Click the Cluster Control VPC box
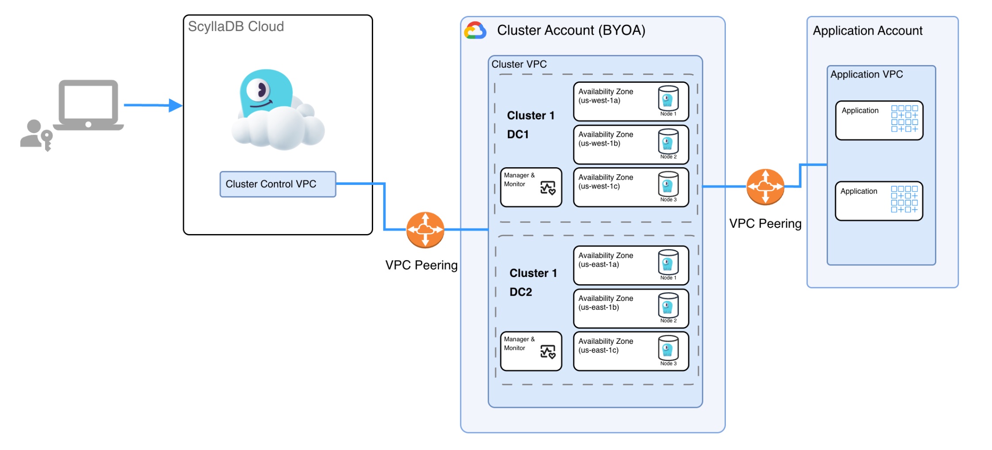click(x=278, y=184)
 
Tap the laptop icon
click(x=88, y=105)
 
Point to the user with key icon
click(x=36, y=135)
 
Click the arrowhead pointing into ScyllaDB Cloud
click(x=176, y=105)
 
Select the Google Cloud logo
click(x=475, y=31)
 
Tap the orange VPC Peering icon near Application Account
click(x=765, y=187)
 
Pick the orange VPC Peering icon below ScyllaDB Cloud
click(x=425, y=230)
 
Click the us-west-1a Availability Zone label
click(x=606, y=96)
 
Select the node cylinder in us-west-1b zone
click(x=668, y=142)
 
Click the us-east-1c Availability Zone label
click(x=606, y=346)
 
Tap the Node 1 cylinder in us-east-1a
click(x=668, y=263)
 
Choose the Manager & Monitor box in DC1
click(x=531, y=187)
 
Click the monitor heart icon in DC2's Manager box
click(x=548, y=352)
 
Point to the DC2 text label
click(x=521, y=292)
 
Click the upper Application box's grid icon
click(x=904, y=119)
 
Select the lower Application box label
click(x=858, y=191)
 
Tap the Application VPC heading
click(x=866, y=74)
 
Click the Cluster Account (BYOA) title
click(x=571, y=31)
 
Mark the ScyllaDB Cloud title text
click(x=236, y=27)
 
